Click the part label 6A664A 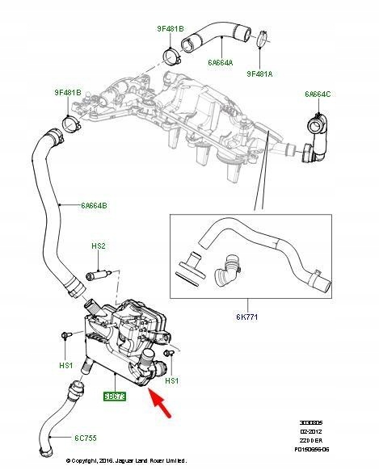(x=220, y=61)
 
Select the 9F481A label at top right (x=260, y=73)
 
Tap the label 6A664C (x=318, y=94)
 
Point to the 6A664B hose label (x=92, y=205)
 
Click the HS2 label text (x=99, y=245)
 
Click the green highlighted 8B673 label (x=114, y=397)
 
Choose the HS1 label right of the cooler (x=172, y=380)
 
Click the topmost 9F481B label (x=171, y=29)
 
